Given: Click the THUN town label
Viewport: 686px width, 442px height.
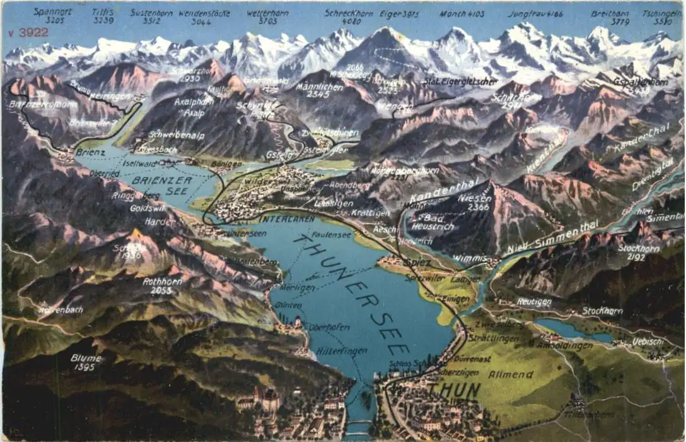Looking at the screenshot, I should coord(454,391).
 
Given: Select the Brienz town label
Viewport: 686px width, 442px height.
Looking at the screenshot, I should coord(90,152).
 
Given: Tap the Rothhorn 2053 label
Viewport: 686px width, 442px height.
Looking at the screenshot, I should coord(162,286).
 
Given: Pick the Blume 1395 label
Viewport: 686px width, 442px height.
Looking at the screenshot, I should coord(86,362).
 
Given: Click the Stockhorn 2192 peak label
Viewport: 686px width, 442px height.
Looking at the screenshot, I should coord(639,253).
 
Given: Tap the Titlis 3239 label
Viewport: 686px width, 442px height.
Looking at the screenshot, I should coord(103,16).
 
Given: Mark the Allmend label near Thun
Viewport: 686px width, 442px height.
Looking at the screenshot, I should coord(510,374).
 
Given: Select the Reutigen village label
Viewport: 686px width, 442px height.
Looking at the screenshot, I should coord(534,302).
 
